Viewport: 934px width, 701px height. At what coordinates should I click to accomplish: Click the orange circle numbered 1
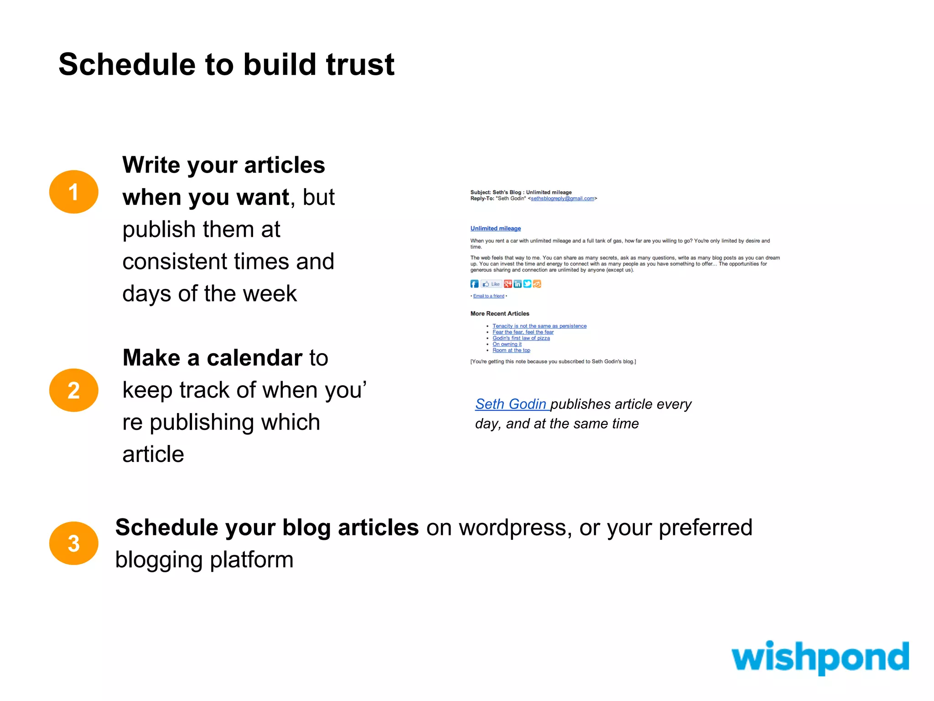[x=73, y=192]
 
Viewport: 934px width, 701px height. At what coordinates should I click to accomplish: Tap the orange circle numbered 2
[x=73, y=390]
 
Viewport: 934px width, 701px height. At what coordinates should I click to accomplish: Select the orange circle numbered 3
[x=73, y=543]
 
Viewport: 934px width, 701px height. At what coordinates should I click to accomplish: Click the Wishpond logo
[x=820, y=657]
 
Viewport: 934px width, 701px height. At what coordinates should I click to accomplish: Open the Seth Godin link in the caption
[x=511, y=404]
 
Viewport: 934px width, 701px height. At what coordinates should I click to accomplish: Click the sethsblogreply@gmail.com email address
[x=562, y=199]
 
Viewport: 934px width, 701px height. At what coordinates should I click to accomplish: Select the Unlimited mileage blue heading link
[x=495, y=228]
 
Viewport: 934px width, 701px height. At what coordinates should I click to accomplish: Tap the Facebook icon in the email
[x=474, y=284]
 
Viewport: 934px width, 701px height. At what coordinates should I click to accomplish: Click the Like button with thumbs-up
[x=491, y=284]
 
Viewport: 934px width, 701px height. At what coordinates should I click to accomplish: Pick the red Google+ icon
[x=508, y=284]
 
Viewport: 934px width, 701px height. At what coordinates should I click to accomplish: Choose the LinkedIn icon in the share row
[x=518, y=284]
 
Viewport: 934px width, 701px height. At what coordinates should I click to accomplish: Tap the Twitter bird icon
[x=527, y=284]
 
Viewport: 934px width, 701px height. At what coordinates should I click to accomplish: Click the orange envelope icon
[x=537, y=284]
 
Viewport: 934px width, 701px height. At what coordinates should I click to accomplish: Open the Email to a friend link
[x=488, y=296]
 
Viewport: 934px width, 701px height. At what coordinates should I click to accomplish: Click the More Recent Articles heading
[x=500, y=314]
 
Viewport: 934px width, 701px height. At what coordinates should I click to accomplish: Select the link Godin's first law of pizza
[x=521, y=338]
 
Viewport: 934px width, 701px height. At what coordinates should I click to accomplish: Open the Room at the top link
[x=511, y=350]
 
